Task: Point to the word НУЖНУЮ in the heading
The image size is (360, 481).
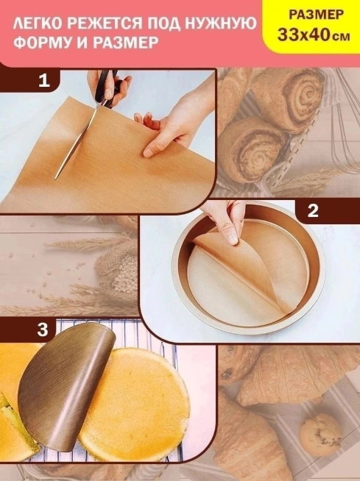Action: (221, 24)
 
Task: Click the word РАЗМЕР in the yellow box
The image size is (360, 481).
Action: (316, 15)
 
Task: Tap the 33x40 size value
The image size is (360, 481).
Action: (303, 35)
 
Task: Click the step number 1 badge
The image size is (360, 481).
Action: (44, 80)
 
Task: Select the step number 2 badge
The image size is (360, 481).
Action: (313, 211)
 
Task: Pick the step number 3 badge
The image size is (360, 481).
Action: (43, 329)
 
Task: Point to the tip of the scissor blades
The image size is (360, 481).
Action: (55, 179)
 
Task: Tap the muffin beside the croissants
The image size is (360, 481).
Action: (320, 430)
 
